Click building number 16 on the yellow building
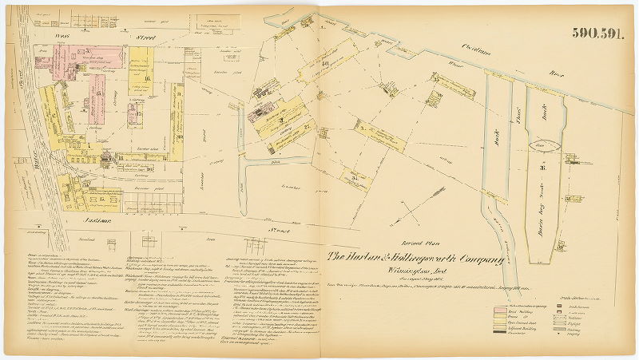[148, 80]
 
